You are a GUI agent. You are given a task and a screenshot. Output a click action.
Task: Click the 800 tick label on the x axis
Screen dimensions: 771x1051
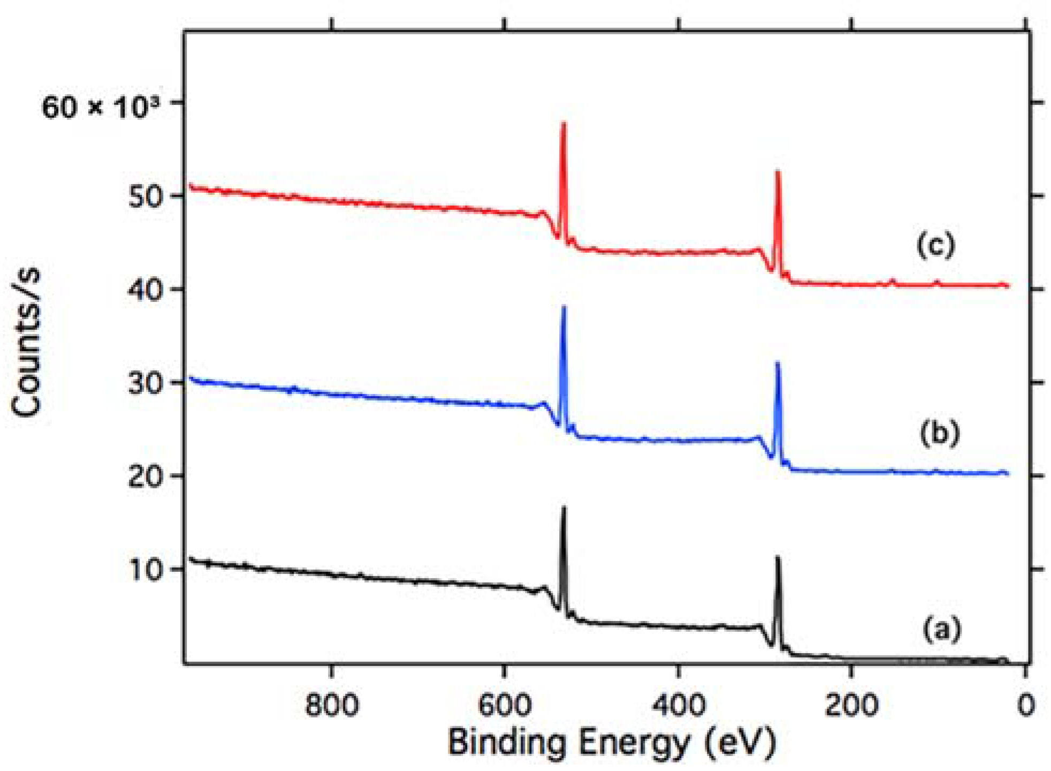[x=331, y=705]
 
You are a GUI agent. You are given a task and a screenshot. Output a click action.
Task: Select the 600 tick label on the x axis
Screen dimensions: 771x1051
[x=504, y=705]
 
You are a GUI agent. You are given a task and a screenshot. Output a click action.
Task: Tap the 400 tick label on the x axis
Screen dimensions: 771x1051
[x=678, y=705]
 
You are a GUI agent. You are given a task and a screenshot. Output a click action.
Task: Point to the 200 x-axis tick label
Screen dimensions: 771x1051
[x=851, y=705]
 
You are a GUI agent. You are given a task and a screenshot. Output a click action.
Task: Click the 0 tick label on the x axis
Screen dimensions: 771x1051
[x=1025, y=705]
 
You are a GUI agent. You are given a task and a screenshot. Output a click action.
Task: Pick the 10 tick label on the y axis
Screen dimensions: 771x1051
[x=146, y=570]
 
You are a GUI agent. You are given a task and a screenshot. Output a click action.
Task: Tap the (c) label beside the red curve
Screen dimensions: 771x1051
[x=935, y=246]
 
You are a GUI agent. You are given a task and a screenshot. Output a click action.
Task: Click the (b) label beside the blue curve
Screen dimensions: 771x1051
[x=940, y=433]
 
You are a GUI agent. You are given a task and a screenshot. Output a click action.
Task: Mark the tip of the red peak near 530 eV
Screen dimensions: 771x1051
[x=563, y=124]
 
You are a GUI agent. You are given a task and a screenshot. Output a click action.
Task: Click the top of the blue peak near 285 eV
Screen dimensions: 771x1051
[x=778, y=364]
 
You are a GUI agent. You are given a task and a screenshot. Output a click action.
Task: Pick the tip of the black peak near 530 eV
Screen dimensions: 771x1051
[x=563, y=507]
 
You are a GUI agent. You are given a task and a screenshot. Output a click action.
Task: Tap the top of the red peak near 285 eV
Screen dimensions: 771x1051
[x=778, y=172]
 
